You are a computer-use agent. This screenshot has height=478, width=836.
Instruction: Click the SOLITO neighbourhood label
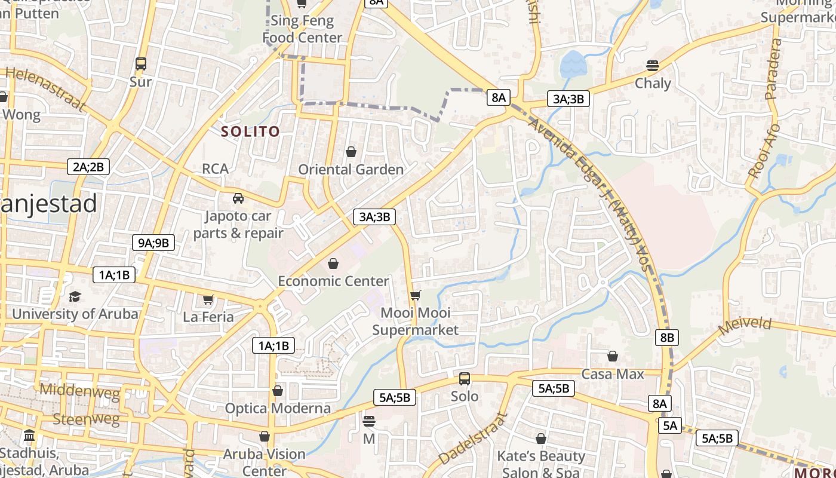(x=250, y=131)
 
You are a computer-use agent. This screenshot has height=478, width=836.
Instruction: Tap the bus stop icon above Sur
(x=141, y=63)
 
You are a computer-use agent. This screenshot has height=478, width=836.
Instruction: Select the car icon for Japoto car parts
(x=238, y=198)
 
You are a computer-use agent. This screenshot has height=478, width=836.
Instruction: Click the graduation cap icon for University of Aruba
(x=75, y=296)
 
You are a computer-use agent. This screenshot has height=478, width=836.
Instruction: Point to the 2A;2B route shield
(x=88, y=167)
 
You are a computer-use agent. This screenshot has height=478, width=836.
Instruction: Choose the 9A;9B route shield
(x=153, y=242)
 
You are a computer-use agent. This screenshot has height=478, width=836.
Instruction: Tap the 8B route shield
(x=666, y=337)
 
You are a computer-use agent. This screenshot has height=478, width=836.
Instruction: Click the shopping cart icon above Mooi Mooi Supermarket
(x=416, y=295)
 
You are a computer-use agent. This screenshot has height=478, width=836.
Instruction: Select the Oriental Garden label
(x=351, y=170)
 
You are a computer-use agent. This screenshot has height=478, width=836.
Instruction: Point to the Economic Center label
(x=333, y=281)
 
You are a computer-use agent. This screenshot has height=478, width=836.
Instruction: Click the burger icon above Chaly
(x=653, y=65)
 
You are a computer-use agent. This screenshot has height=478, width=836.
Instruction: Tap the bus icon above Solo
(x=464, y=379)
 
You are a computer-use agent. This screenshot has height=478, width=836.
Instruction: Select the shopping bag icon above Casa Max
(x=613, y=357)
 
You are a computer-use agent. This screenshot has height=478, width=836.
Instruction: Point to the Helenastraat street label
(x=45, y=89)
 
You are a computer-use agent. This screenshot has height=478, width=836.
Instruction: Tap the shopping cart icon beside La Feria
(x=208, y=299)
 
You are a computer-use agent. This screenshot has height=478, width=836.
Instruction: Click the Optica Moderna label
(x=278, y=409)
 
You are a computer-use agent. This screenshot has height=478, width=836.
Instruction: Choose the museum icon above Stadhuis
(x=29, y=436)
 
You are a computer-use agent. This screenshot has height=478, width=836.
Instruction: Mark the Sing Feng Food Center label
(x=302, y=29)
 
